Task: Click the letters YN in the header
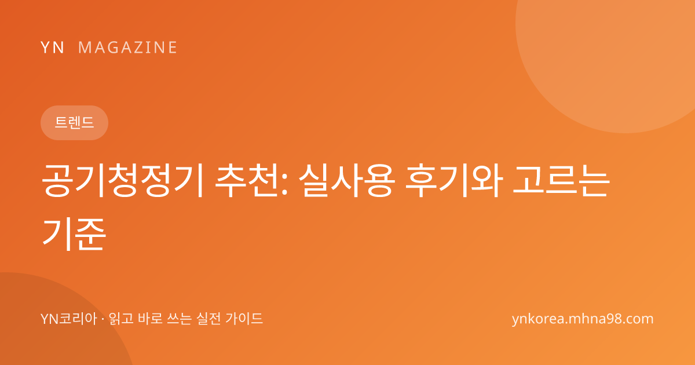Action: point(52,48)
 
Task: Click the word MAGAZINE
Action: point(127,48)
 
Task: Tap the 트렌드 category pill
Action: point(75,123)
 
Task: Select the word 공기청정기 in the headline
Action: point(123,181)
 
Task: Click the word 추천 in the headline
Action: point(248,181)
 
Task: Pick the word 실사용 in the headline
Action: point(347,181)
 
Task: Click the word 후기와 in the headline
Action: point(454,181)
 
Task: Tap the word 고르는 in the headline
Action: point(561,181)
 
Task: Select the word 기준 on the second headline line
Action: point(74,233)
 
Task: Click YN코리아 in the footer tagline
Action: point(69,319)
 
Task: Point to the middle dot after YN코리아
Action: point(103,319)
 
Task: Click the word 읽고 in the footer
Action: point(121,319)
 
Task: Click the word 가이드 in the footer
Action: point(244,319)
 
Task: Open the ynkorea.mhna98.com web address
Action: point(583,319)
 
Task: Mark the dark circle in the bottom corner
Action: point(56,323)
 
